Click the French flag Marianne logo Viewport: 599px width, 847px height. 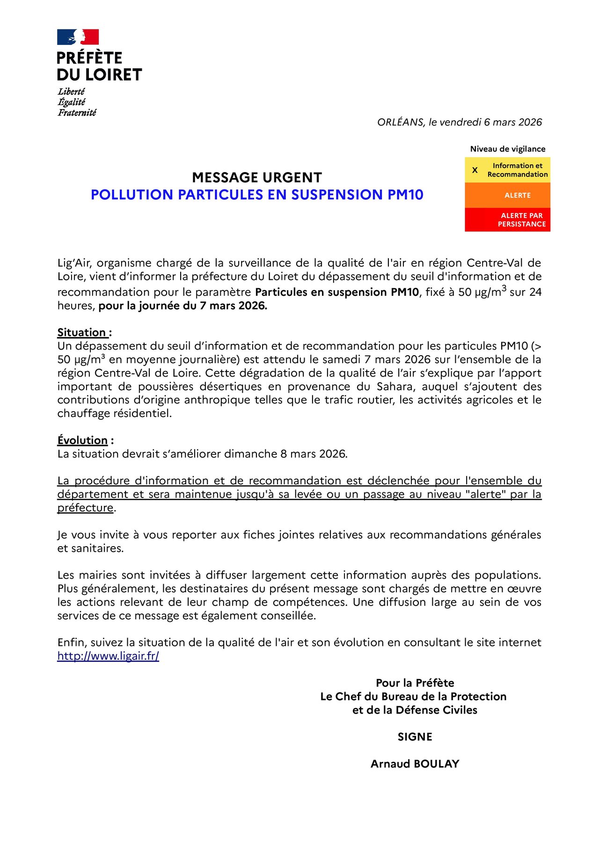click(x=78, y=37)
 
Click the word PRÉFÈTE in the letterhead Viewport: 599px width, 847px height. click(x=89, y=58)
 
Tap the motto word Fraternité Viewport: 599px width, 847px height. click(x=77, y=113)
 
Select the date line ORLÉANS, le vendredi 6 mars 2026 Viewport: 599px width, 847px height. click(x=459, y=122)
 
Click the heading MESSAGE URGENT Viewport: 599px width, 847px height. click(x=257, y=178)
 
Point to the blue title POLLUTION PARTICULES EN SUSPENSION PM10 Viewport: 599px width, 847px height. click(x=257, y=195)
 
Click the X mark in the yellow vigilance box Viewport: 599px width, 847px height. click(x=475, y=170)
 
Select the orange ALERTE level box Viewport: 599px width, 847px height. click(x=507, y=195)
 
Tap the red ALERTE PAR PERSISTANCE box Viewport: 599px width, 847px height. click(x=507, y=219)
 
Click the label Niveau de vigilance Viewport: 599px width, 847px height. click(x=507, y=149)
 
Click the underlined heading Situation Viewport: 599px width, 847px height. click(x=82, y=332)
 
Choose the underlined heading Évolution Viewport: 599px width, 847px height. click(x=82, y=440)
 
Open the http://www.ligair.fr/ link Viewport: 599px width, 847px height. click(x=108, y=656)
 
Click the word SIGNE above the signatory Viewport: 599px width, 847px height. click(x=415, y=737)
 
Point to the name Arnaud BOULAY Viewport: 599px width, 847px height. click(x=415, y=764)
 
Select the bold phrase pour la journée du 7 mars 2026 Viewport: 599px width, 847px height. click(x=183, y=306)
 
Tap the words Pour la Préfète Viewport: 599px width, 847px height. click(x=415, y=683)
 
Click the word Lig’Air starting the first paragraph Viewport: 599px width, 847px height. click(x=74, y=263)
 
